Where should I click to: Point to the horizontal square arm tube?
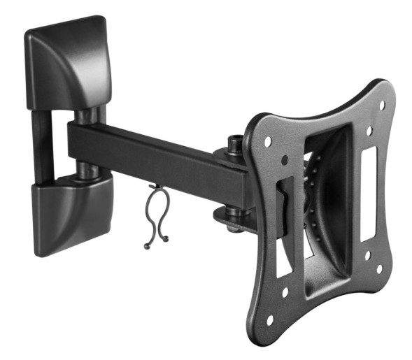tap(154, 158)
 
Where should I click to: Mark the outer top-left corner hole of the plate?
tap(267, 140)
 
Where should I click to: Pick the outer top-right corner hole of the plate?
tap(382, 105)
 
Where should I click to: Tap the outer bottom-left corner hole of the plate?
tap(269, 320)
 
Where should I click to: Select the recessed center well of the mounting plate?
tap(325, 196)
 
